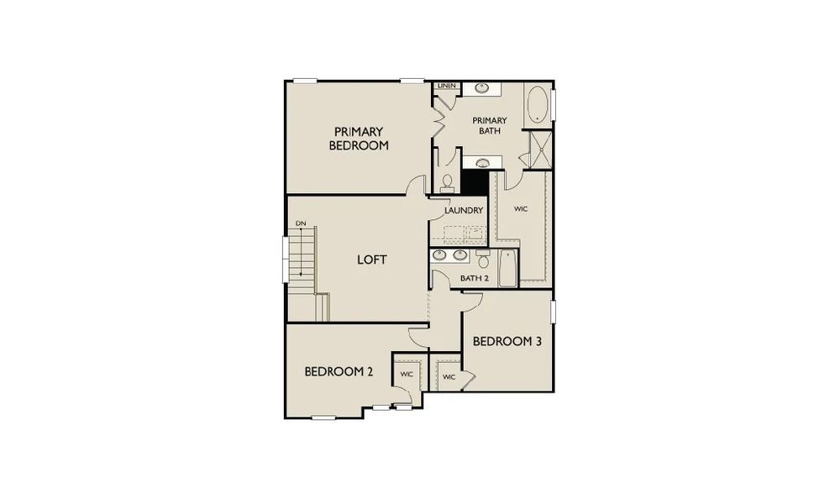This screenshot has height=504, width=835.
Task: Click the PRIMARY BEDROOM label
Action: [359, 138]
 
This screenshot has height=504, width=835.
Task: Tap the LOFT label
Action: [372, 260]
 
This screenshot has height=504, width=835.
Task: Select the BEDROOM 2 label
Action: [339, 371]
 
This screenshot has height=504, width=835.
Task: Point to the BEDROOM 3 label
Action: [507, 341]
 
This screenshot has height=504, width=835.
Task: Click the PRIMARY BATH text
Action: [490, 125]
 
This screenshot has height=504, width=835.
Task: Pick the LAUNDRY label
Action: [463, 211]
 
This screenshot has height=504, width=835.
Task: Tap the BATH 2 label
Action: [475, 278]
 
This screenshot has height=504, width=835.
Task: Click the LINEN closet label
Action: [446, 86]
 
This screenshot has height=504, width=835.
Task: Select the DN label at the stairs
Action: [299, 223]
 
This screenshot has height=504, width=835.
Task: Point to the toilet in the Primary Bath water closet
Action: [448, 181]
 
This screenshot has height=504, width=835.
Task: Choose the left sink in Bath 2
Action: [442, 255]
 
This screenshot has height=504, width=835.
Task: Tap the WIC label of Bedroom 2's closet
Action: [407, 374]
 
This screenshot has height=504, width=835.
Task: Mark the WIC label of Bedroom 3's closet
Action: [448, 377]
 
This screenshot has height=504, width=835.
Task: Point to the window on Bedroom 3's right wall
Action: [554, 310]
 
